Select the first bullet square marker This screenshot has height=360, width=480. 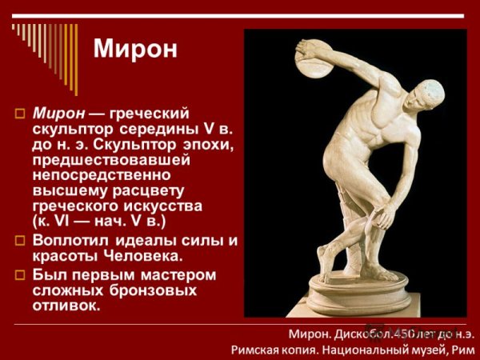pyautogui.click(x=22, y=111)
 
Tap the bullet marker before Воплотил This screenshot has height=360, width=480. pyautogui.click(x=22, y=239)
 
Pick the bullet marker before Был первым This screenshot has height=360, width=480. pyautogui.click(x=22, y=274)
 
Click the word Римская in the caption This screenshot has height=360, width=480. pyautogui.click(x=257, y=349)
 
